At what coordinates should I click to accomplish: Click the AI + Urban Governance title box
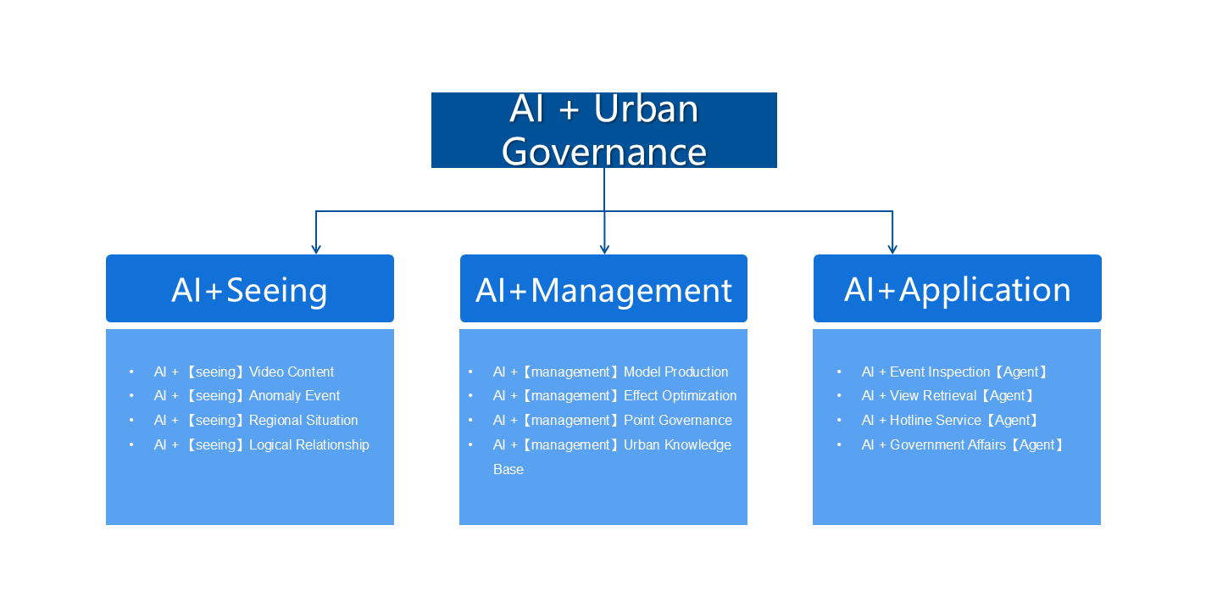pyautogui.click(x=603, y=130)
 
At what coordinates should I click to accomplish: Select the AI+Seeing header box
pyautogui.click(x=249, y=289)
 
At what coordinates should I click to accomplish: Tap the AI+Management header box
pyautogui.click(x=603, y=289)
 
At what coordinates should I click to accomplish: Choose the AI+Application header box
pyautogui.click(x=957, y=289)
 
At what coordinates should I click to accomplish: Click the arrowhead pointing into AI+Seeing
pyautogui.click(x=316, y=249)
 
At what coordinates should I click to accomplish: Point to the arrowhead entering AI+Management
pyautogui.click(x=604, y=249)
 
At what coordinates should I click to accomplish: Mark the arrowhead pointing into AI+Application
pyautogui.click(x=892, y=249)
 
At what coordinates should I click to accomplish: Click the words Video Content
pyautogui.click(x=292, y=372)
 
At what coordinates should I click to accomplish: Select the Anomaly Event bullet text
pyautogui.click(x=294, y=396)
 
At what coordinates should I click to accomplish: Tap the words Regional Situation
pyautogui.click(x=303, y=421)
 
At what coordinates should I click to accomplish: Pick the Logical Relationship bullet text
pyautogui.click(x=308, y=445)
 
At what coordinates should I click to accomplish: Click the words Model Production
pyautogui.click(x=675, y=372)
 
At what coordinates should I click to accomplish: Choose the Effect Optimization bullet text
pyautogui.click(x=680, y=396)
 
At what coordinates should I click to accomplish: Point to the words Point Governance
pyautogui.click(x=677, y=421)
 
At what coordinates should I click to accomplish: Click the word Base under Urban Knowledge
pyautogui.click(x=508, y=470)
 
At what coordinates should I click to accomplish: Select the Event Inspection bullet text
pyautogui.click(x=940, y=372)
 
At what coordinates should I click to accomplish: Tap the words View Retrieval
pyautogui.click(x=933, y=396)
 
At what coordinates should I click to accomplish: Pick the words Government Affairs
pyautogui.click(x=947, y=445)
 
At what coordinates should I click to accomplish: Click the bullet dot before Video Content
pyautogui.click(x=132, y=372)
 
